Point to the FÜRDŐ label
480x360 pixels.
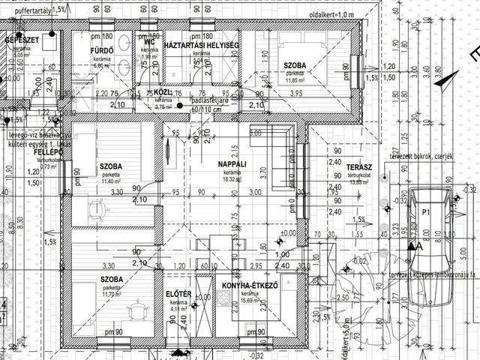pos(101,51)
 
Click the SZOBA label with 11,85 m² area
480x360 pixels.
pos(295,66)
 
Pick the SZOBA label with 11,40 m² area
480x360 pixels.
pos(112,166)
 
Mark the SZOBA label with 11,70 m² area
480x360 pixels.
pos(112,279)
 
